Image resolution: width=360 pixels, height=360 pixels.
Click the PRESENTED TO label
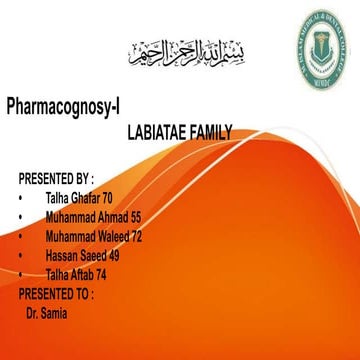pos(56,294)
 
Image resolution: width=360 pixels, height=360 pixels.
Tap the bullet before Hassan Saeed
pos(21,256)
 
